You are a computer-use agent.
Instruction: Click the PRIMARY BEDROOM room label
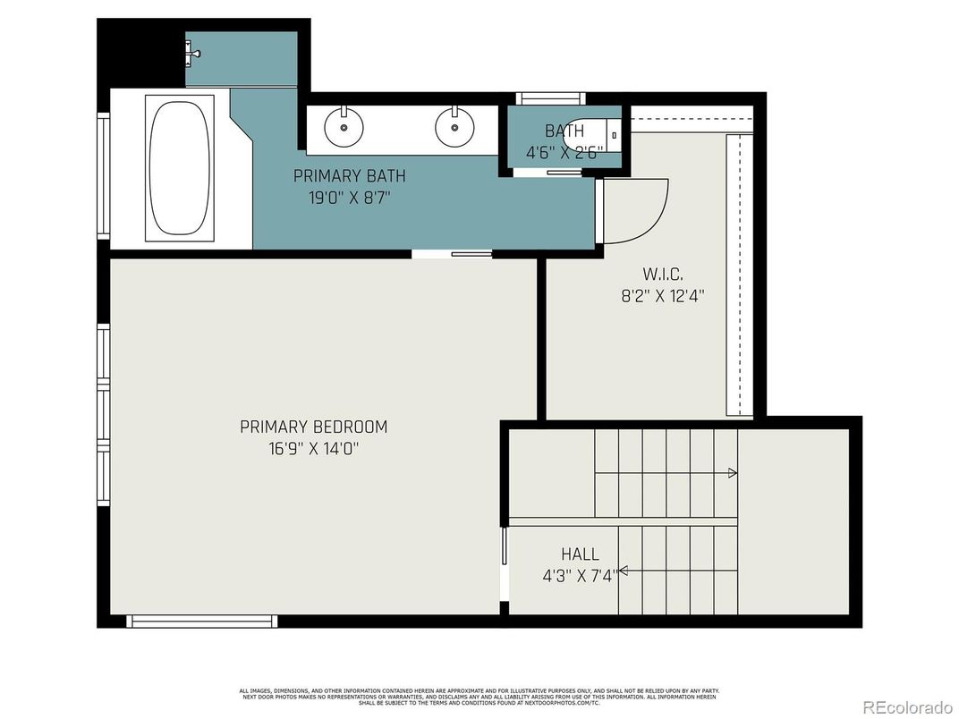tap(313, 427)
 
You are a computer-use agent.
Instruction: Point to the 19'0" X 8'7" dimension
tap(350, 198)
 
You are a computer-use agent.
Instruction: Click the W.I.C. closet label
tap(663, 273)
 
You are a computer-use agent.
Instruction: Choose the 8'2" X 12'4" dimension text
tap(663, 295)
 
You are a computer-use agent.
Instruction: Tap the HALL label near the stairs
tap(580, 554)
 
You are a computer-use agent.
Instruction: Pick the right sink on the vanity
tap(454, 127)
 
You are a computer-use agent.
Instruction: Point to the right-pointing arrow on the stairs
tap(732, 473)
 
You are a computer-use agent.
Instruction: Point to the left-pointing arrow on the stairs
tap(623, 571)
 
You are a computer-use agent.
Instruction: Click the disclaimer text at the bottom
tap(479, 697)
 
